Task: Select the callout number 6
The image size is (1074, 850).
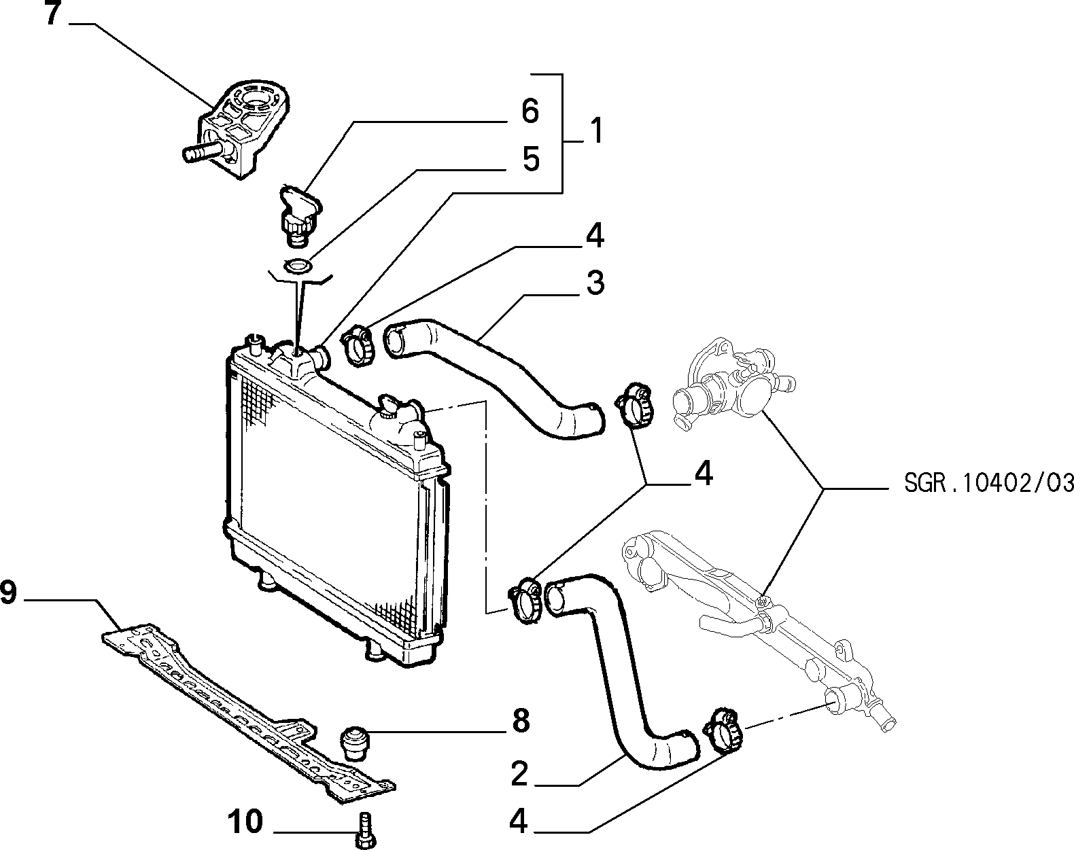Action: [530, 111]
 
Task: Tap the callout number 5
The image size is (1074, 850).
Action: [531, 158]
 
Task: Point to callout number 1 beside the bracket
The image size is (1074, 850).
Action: [594, 130]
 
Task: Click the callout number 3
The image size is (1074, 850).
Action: [595, 283]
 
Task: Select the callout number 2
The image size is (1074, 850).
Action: [519, 775]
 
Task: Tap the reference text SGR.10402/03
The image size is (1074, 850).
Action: [988, 483]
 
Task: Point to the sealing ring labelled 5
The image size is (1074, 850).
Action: [298, 266]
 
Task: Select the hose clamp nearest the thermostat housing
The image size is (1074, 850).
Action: [634, 405]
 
